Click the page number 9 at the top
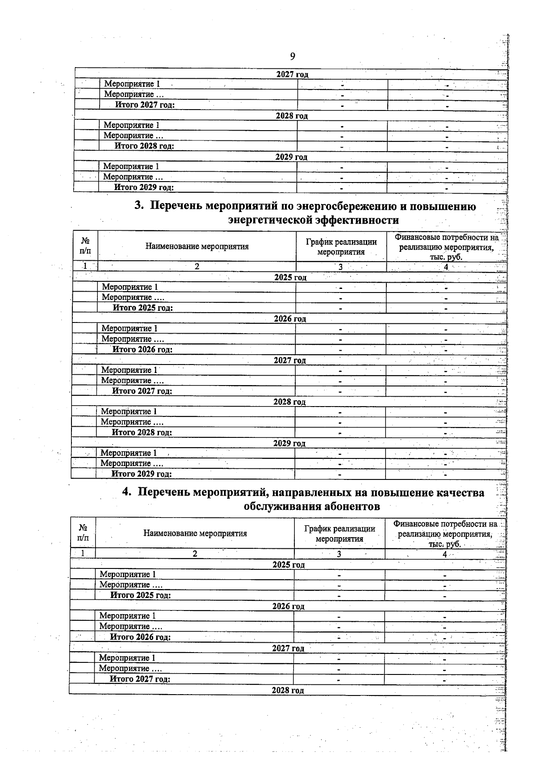(292, 56)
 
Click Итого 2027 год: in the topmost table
(145, 105)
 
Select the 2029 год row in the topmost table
(291, 157)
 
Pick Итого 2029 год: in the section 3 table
(142, 474)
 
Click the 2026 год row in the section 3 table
(290, 319)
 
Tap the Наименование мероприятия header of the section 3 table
(197, 246)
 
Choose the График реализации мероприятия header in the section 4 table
(339, 534)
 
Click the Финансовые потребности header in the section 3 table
(446, 247)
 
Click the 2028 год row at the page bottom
(288, 691)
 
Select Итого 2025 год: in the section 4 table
(141, 595)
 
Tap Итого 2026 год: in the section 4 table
(140, 637)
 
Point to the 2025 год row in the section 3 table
(290, 277)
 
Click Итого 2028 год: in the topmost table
(144, 146)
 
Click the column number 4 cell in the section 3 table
(446, 267)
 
